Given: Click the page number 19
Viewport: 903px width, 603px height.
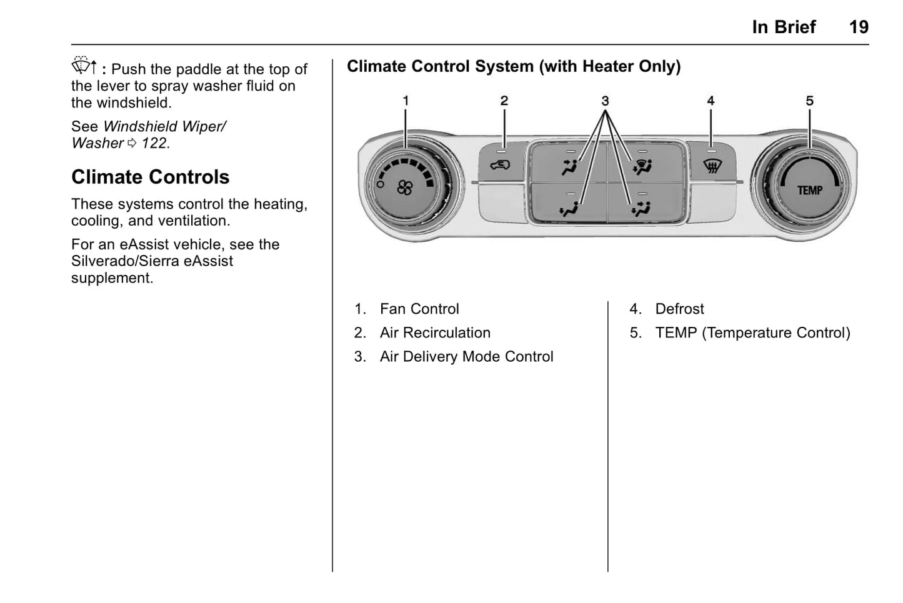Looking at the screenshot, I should pos(859,27).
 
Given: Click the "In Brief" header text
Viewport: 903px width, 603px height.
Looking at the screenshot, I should pos(784,27).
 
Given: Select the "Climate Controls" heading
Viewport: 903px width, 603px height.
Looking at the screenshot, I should pos(150,177).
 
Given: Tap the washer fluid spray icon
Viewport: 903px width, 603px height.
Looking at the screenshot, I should pos(84,66).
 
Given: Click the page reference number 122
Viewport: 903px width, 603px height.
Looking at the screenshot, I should pos(154,143).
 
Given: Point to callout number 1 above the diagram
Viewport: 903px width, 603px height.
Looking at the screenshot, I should pos(406,101).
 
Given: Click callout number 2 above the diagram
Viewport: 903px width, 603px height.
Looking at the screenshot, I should pos(504,101).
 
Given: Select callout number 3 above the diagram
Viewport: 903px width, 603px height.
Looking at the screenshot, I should pos(605,101).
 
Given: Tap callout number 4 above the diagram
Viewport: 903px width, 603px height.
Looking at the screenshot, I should pos(711,101).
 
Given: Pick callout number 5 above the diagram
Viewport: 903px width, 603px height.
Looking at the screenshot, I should pos(809,101).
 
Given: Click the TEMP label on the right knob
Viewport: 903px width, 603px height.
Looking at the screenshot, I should pos(810,190).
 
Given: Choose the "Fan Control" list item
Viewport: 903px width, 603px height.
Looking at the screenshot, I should pos(419,309).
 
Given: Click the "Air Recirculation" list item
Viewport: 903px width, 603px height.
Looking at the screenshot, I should pos(435,332).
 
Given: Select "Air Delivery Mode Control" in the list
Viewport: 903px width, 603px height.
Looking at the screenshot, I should pos(466,356).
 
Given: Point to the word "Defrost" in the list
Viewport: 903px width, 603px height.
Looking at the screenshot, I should pos(679,309).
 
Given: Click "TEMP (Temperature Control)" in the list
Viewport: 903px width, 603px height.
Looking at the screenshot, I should pos(752,332).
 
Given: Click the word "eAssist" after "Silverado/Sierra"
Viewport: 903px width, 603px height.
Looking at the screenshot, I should pos(208,261).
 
